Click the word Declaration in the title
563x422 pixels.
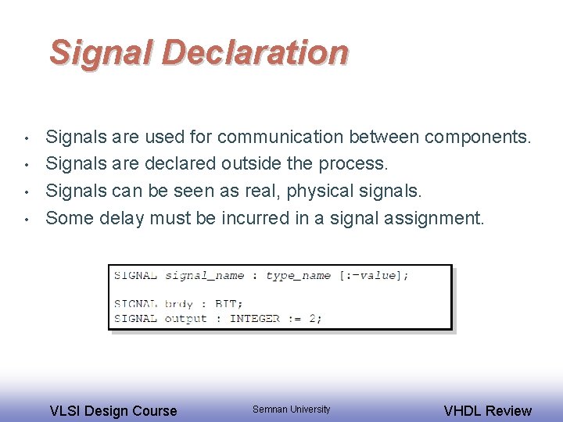pos(254,52)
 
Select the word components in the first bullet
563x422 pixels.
pos(477,138)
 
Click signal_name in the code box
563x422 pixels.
pos(205,275)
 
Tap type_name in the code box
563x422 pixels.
pos(298,275)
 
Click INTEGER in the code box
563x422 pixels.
pos(254,318)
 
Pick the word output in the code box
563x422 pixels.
pos(186,318)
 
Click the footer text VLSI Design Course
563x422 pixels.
pos(113,410)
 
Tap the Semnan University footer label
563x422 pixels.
pos(291,409)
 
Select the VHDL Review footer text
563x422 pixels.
pos(487,410)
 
